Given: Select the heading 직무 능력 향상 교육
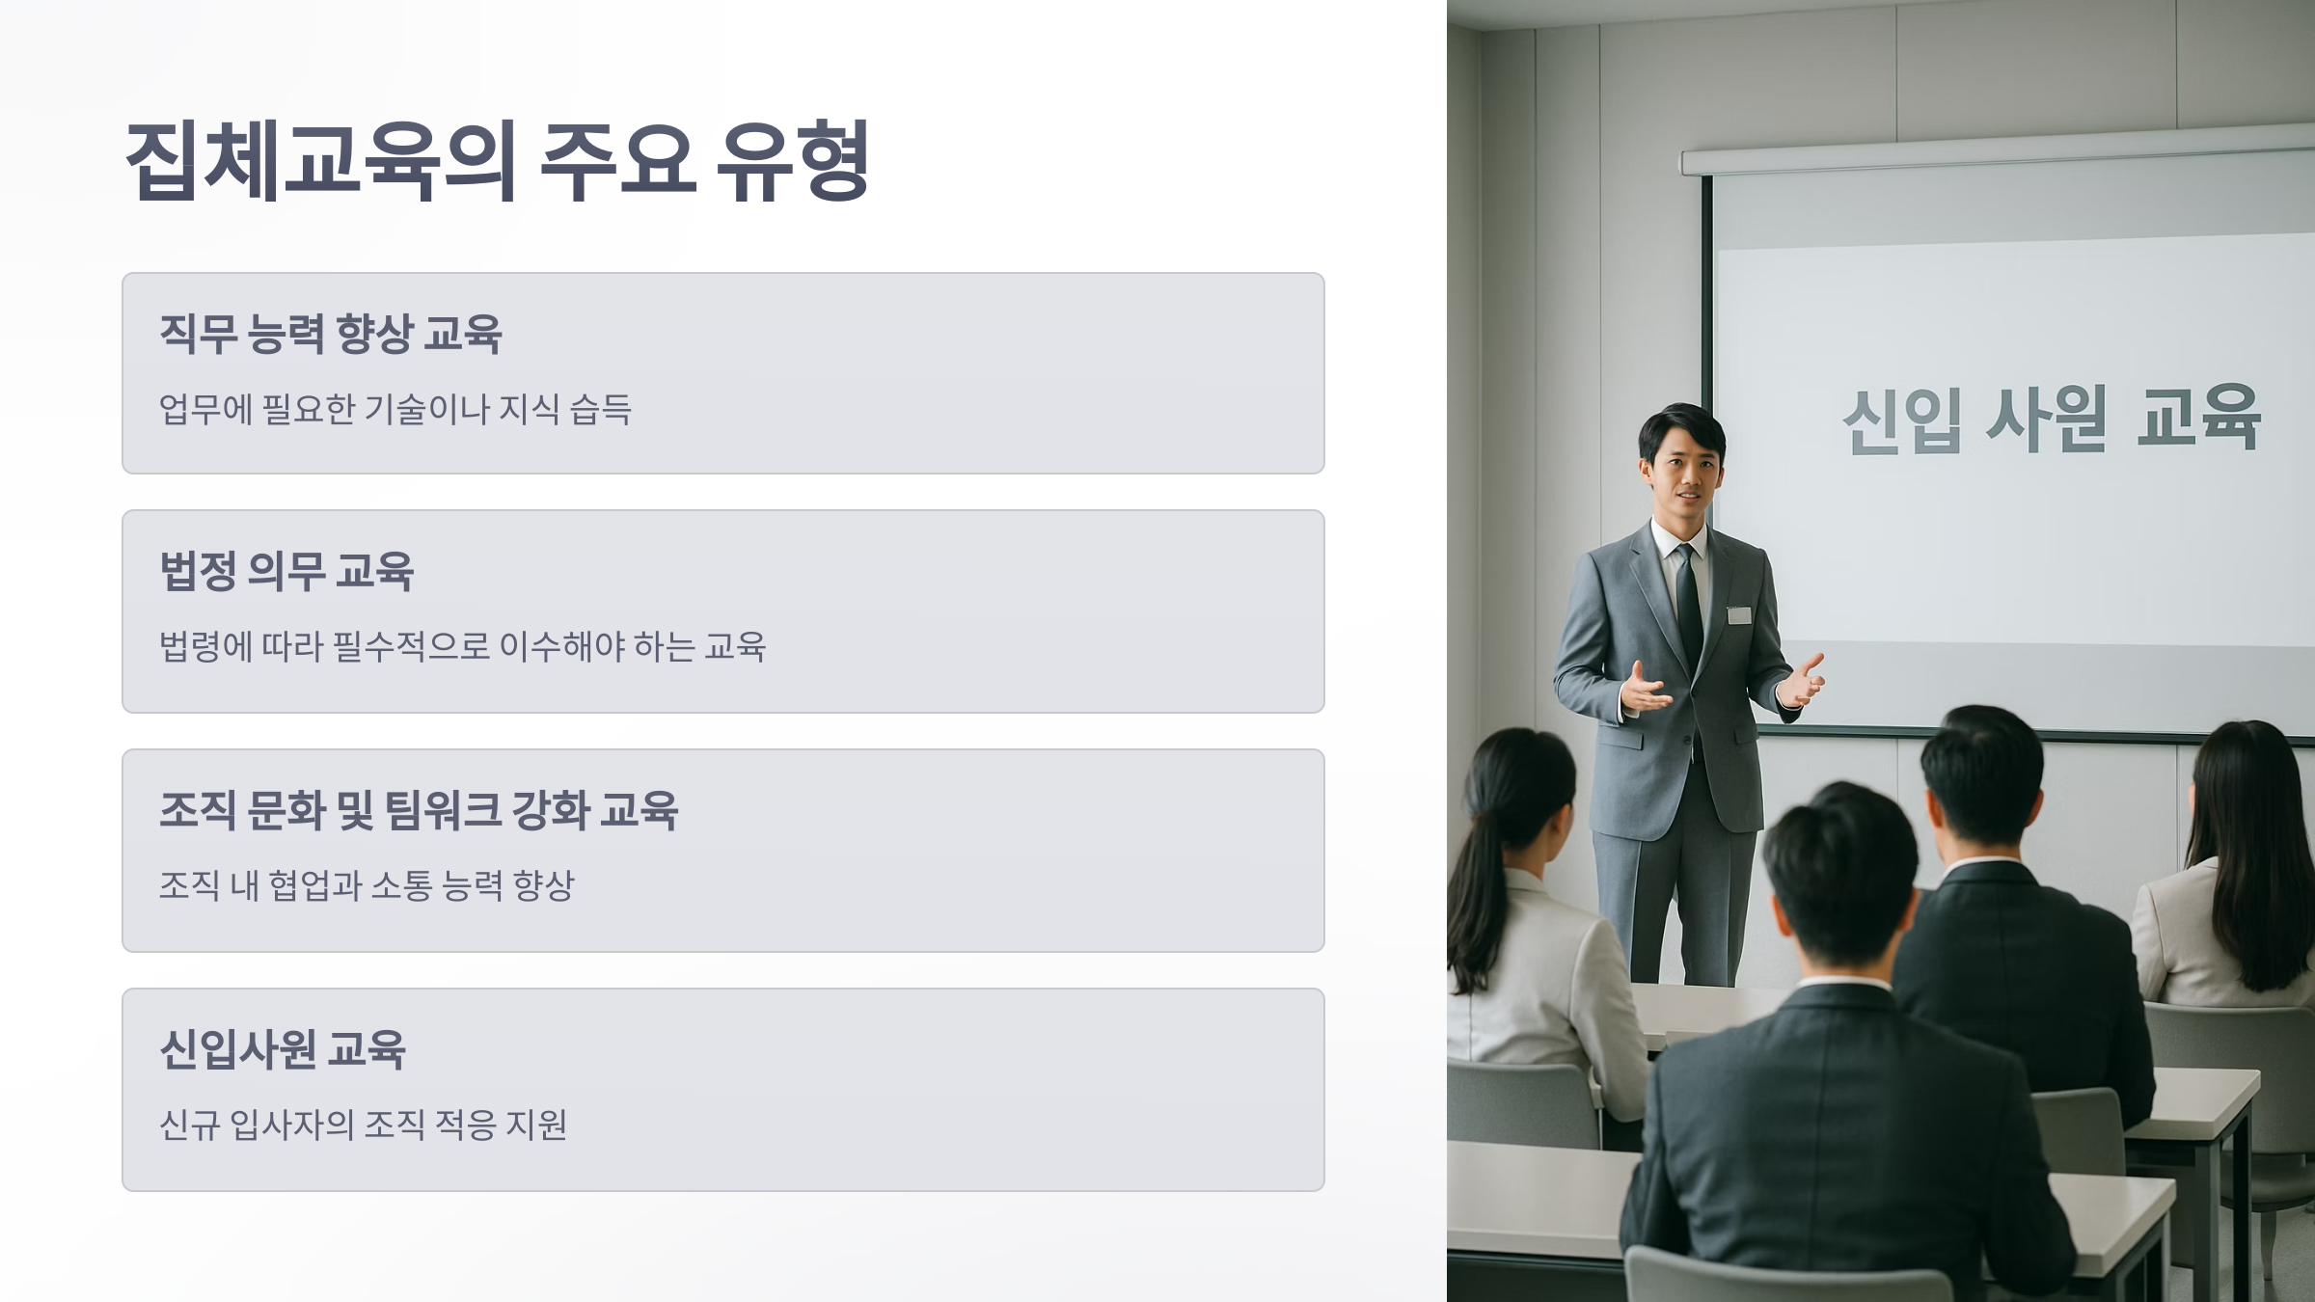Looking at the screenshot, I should [330, 334].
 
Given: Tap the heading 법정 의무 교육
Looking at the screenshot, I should [286, 571].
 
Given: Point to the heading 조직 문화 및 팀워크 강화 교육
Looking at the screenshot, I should [419, 810].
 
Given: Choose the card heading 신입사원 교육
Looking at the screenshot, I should [283, 1049].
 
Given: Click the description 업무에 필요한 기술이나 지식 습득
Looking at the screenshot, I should [395, 410].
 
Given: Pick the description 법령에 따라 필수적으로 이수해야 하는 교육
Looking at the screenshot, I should [462, 647].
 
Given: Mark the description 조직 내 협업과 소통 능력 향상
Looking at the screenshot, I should [367, 885].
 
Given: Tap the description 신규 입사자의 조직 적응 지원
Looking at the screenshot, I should [363, 1125].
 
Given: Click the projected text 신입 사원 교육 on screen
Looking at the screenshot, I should [2051, 419].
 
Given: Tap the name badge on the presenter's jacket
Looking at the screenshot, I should [1738, 614].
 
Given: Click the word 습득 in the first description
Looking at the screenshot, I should [600, 410].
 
